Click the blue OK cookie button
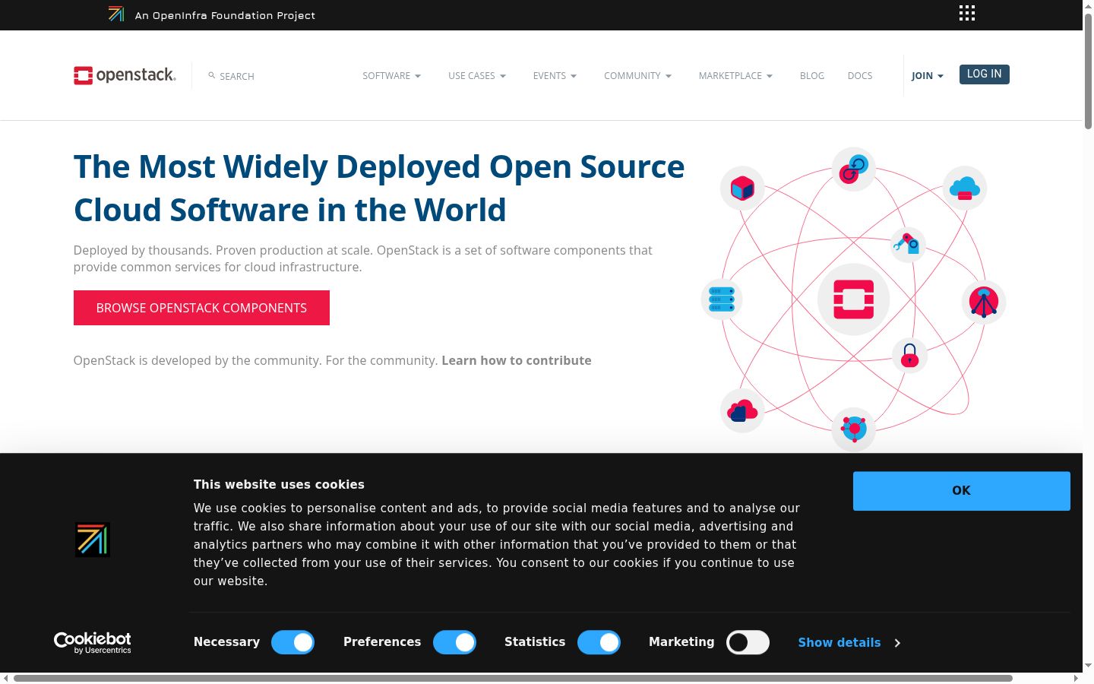961,490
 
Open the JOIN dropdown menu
927,76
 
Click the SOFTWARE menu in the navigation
391,76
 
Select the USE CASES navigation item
476,76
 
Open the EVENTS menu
555,76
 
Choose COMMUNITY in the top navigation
637,76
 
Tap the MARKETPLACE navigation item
735,76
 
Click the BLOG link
811,76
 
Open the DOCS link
859,76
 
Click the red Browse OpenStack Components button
201,308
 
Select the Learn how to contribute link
517,360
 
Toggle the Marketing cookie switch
748,642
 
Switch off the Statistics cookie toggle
599,642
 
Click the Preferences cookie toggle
454,642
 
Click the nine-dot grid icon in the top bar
966,13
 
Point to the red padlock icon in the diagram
909,355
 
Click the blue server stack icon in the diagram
722,299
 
